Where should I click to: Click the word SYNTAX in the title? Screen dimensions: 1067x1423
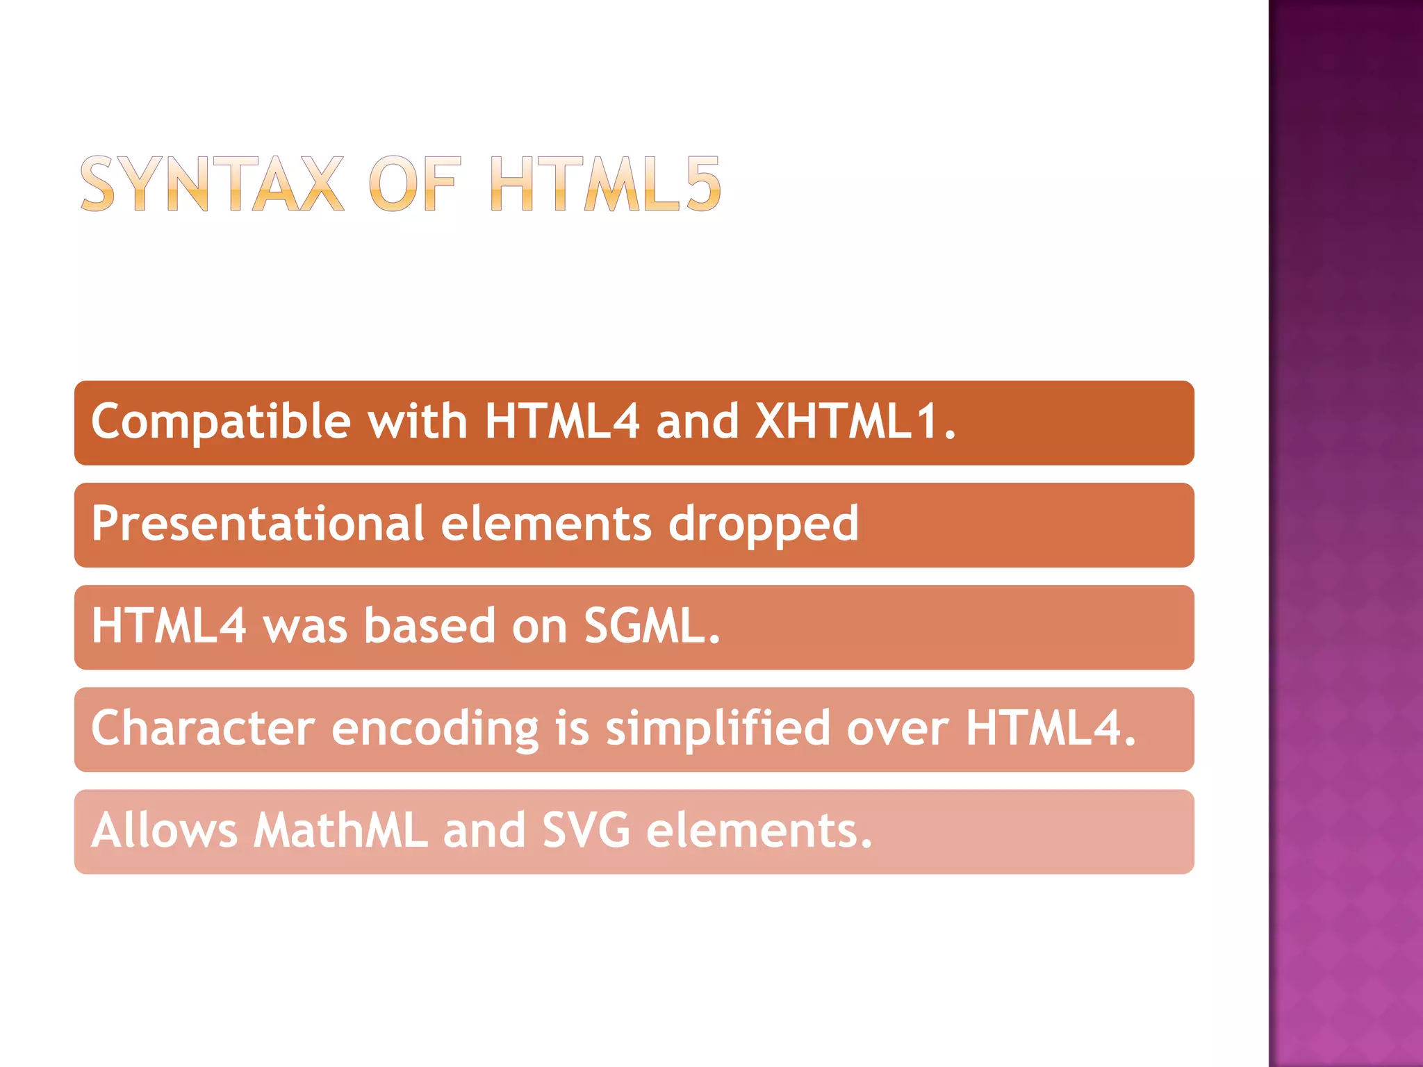(x=212, y=183)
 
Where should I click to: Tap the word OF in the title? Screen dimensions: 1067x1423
(x=414, y=183)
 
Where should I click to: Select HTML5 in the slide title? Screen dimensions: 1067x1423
(x=605, y=183)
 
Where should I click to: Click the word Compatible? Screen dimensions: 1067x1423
(x=221, y=422)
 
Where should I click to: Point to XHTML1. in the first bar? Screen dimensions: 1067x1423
(x=855, y=421)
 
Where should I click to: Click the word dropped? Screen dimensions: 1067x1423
(x=763, y=524)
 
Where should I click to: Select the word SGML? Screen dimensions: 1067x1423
(x=652, y=625)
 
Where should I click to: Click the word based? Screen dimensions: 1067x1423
(x=429, y=625)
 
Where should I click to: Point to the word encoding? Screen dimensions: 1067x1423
(x=435, y=729)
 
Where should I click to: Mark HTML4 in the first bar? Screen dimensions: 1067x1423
(x=562, y=421)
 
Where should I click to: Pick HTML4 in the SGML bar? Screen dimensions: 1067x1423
(x=169, y=625)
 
